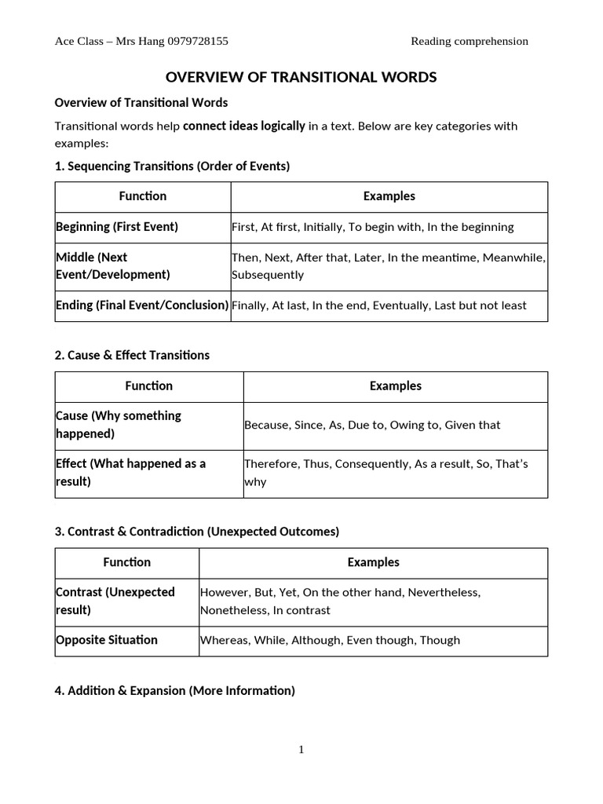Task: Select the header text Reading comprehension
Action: pyautogui.click(x=470, y=42)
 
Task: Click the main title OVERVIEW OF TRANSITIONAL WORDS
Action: pyautogui.click(x=301, y=77)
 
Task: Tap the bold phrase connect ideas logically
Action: pyautogui.click(x=243, y=126)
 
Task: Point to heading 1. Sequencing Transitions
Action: pyautogui.click(x=172, y=166)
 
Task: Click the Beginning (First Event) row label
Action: pyautogui.click(x=117, y=227)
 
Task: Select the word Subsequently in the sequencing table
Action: pyautogui.click(x=268, y=276)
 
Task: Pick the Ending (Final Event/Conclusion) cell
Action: pyautogui.click(x=142, y=305)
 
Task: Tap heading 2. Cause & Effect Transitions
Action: pyautogui.click(x=132, y=355)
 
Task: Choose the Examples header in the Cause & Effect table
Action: pyautogui.click(x=395, y=386)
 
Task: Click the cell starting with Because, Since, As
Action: pyautogui.click(x=372, y=425)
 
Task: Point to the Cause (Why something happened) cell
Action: pyautogui.click(x=119, y=425)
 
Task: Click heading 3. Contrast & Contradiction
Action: pyautogui.click(x=197, y=532)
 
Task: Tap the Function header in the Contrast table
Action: pyautogui.click(x=126, y=562)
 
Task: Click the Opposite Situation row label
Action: pyautogui.click(x=107, y=640)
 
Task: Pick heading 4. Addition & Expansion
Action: pyautogui.click(x=174, y=691)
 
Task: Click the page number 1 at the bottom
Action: pyautogui.click(x=301, y=750)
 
